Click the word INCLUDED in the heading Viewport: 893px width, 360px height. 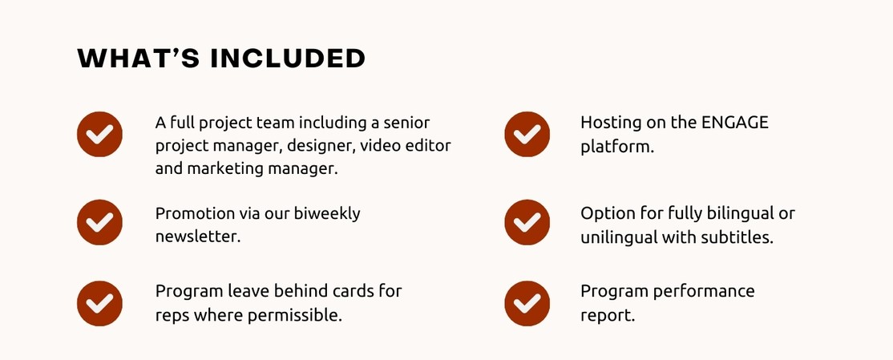tap(288, 59)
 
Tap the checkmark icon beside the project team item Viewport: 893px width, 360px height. tap(99, 135)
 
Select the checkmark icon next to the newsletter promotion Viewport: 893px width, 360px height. tap(99, 222)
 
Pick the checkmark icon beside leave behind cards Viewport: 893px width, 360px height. tap(99, 304)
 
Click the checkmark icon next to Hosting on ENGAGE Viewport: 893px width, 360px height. tap(527, 135)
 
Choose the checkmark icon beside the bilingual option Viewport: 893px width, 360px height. tap(527, 222)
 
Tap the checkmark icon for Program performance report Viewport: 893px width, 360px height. tap(527, 304)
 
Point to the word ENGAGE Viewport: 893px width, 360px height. tap(734, 123)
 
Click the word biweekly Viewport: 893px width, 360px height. tap(327, 214)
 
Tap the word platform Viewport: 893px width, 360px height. tap(617, 147)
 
